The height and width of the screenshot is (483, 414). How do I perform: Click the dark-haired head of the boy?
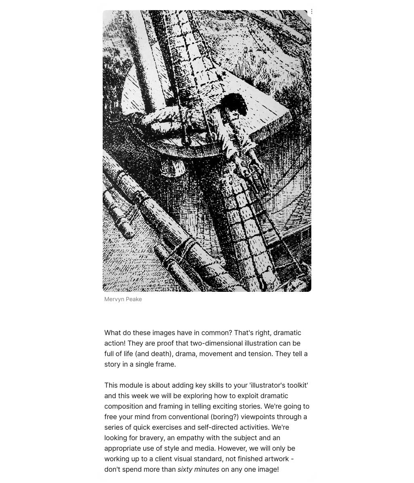[x=234, y=104]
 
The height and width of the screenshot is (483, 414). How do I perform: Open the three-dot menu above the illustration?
[x=311, y=12]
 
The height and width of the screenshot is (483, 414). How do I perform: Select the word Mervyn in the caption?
[x=114, y=300]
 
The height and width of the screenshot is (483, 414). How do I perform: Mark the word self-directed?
[x=218, y=428]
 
